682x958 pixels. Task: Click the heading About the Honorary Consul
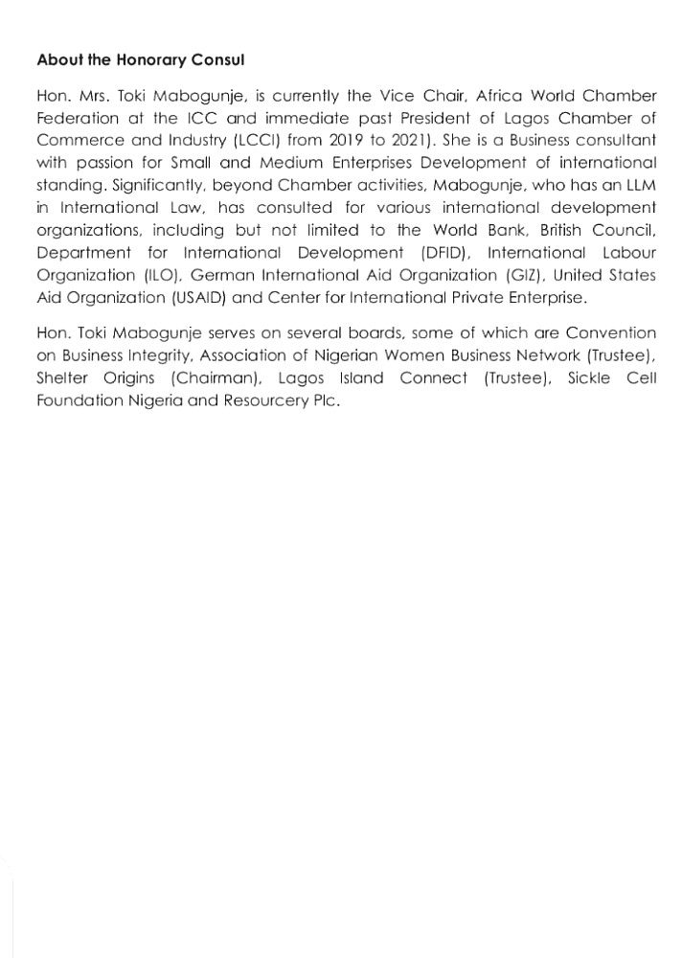141,59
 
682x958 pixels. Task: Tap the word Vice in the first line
449,97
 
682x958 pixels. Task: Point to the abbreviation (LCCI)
228,141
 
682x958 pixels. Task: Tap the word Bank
507,230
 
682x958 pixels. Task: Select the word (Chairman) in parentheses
210,377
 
